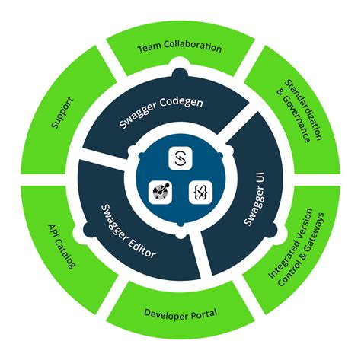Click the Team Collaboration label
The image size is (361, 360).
coord(180,48)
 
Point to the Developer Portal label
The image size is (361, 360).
coord(180,313)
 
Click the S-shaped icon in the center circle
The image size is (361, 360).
coord(180,158)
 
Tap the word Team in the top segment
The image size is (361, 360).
coord(148,49)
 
